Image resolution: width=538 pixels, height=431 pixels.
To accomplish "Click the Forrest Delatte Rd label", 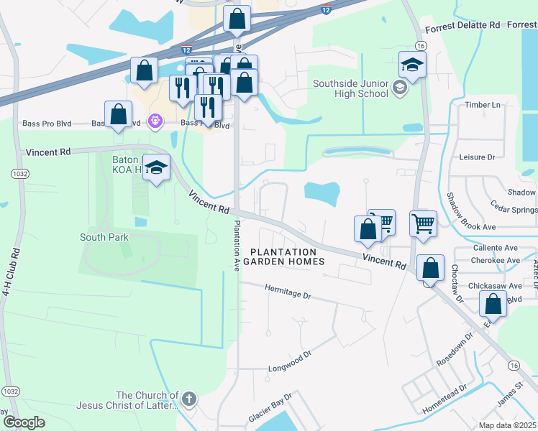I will coord(462,25).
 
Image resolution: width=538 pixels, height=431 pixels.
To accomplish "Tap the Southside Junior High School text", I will coord(350,89).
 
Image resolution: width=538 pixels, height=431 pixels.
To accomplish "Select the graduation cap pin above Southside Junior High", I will coord(413,65).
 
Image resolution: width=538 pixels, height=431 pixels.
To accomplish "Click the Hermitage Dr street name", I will coord(287,295).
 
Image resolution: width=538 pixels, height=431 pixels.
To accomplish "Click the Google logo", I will coord(24,422).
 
